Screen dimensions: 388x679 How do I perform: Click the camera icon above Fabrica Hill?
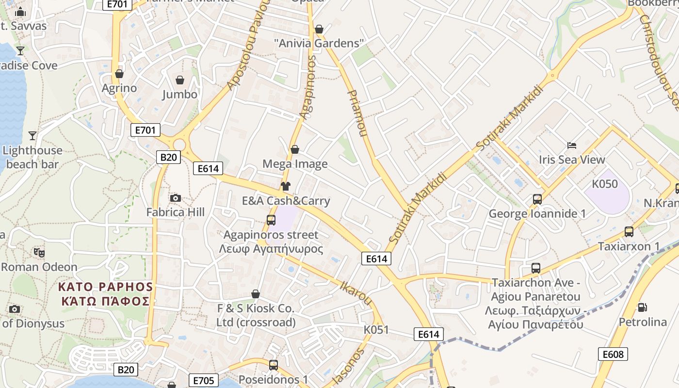[176, 198]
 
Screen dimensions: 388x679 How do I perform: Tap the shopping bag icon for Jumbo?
[180, 80]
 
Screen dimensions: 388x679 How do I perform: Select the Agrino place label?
[119, 88]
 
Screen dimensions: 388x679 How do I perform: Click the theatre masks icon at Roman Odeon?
[39, 252]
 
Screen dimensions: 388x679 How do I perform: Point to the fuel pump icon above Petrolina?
[642, 307]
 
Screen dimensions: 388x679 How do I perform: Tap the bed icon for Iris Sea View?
[572, 145]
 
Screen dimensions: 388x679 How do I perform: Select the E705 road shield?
[203, 380]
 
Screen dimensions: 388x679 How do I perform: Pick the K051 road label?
[376, 330]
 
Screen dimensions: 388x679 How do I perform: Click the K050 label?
[605, 184]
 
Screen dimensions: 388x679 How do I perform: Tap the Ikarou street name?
[356, 292]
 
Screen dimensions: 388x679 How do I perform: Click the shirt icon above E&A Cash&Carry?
[285, 186]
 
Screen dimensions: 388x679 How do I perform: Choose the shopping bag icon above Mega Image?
[294, 149]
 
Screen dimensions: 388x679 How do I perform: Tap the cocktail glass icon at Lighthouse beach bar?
[32, 135]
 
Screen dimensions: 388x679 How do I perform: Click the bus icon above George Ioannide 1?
[537, 199]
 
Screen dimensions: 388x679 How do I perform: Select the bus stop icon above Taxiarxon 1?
[629, 232]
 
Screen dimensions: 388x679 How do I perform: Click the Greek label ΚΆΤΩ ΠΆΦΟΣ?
[105, 301]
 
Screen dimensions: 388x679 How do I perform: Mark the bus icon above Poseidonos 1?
[274, 365]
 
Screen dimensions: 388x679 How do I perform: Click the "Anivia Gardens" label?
[319, 43]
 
